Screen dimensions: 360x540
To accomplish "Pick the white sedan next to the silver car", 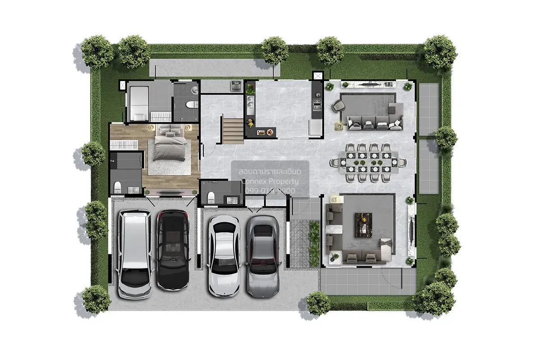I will pos(224,255).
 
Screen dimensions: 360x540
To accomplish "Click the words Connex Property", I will pos(270,181).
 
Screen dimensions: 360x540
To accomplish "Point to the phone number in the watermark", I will pos(270,191).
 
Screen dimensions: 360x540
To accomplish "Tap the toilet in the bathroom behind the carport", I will pos(211,197).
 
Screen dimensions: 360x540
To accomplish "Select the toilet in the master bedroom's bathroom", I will pos(118,186).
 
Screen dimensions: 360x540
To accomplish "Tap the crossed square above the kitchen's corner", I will pos(317,76).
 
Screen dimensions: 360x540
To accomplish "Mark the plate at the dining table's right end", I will pos(394,162).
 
